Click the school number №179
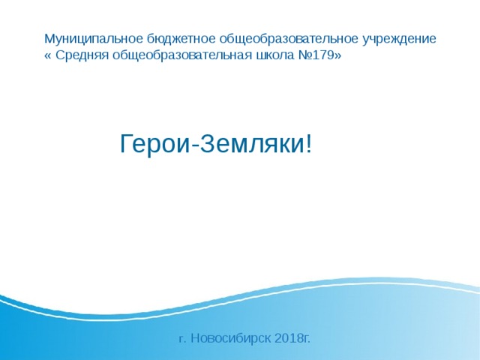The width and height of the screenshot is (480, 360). pyautogui.click(x=318, y=56)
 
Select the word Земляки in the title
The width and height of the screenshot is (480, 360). pyautogui.click(x=250, y=144)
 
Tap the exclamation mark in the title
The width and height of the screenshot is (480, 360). pyautogui.click(x=307, y=144)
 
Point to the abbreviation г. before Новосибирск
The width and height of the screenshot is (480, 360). pyautogui.click(x=182, y=339)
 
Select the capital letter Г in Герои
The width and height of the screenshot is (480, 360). pyautogui.click(x=127, y=144)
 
